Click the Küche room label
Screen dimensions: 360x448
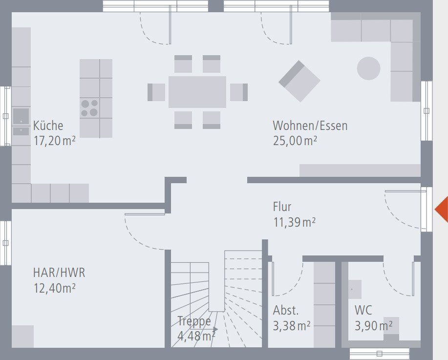point(48,126)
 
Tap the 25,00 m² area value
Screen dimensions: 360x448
point(295,141)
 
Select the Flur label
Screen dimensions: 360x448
point(282,207)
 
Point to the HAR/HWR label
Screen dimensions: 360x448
point(56,272)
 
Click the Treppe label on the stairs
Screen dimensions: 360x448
point(194,321)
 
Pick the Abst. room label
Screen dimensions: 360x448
point(286,310)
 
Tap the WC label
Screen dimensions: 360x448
point(363,310)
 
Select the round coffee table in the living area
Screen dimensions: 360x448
point(368,68)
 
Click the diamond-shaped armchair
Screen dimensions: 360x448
point(299,81)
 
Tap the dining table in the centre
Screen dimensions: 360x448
point(197,92)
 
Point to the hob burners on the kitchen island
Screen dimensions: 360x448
point(89,108)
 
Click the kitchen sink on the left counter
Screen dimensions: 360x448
point(21,117)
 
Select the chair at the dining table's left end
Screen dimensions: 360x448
point(156,92)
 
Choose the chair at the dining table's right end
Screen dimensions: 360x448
point(239,92)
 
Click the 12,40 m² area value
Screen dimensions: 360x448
point(54,288)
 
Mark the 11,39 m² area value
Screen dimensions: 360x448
point(294,222)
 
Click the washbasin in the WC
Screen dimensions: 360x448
point(354,289)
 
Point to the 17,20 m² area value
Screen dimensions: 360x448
point(54,141)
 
